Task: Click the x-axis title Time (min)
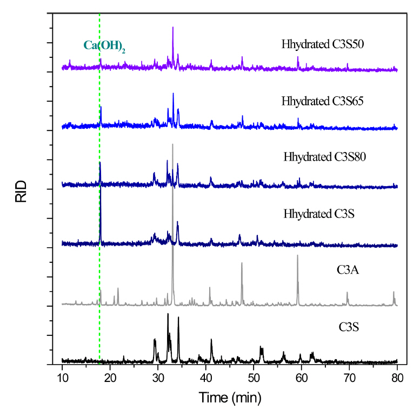(x=230, y=399)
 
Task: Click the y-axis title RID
(x=21, y=193)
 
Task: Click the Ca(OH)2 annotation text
(x=104, y=47)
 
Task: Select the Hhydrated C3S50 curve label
(x=322, y=44)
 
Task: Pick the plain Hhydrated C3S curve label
(x=311, y=214)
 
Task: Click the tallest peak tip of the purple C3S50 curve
(x=173, y=27)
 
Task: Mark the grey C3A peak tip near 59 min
(x=297, y=255)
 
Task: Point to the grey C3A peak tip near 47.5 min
(x=242, y=263)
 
